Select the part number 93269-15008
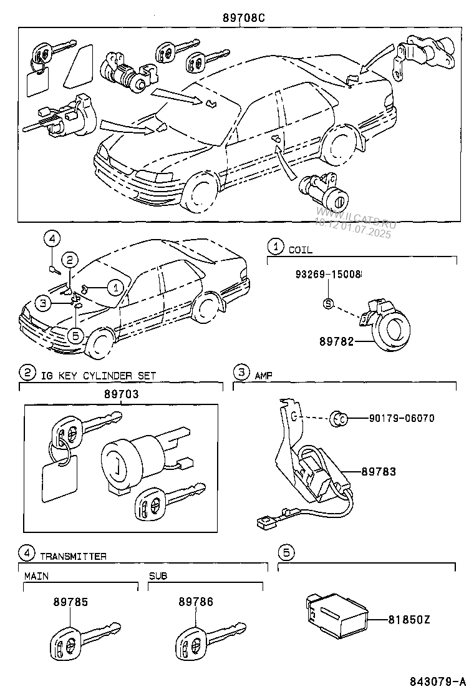[328, 275]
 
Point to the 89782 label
[337, 341]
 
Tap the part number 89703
[122, 394]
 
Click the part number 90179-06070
[402, 418]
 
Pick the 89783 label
[379, 472]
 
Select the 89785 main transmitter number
[70, 602]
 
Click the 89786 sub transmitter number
[196, 602]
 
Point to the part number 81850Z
[409, 620]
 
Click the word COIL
[300, 250]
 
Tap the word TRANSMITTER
[74, 556]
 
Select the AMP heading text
[264, 375]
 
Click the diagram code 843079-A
[437, 680]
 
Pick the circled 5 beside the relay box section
[286, 552]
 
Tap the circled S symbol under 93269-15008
[328, 303]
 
